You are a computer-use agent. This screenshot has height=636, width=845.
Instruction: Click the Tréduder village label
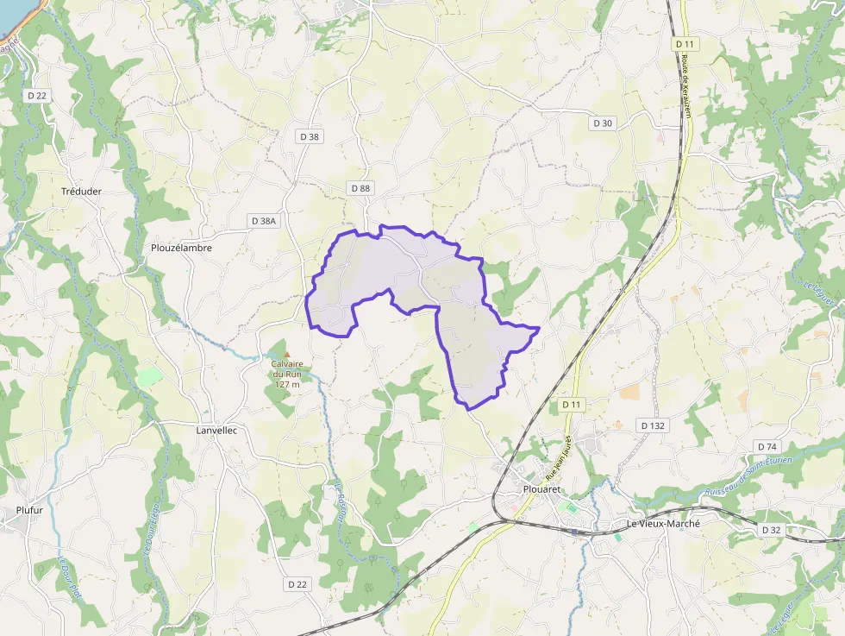coord(82,192)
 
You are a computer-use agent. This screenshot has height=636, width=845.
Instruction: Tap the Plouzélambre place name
coord(181,248)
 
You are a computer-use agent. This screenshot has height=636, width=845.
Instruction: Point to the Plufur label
coord(29,510)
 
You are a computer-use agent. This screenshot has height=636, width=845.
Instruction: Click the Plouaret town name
coord(542,489)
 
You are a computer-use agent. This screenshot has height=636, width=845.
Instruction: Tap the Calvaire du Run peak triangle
coord(287,354)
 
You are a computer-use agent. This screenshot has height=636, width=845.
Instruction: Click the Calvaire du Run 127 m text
coord(286,374)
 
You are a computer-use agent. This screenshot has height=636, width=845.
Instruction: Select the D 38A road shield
coord(264,221)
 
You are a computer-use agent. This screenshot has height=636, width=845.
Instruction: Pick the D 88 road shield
coord(360,188)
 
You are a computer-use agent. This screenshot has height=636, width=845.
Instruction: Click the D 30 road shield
coord(603,123)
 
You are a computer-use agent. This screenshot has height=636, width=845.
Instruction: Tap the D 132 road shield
coord(654,425)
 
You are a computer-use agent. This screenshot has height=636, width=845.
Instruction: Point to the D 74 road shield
coord(767,446)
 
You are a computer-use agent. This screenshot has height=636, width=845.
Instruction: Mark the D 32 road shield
coord(771,529)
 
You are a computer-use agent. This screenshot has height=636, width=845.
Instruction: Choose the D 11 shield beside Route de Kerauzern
coord(685,43)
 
